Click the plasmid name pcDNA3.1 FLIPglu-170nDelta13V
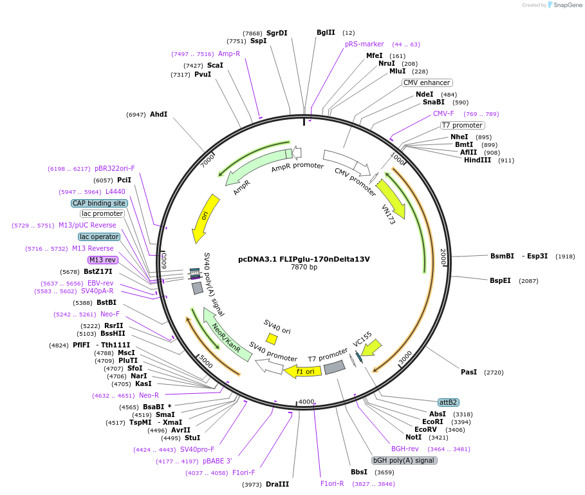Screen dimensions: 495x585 tap(304, 259)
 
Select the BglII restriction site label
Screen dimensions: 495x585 tap(326, 32)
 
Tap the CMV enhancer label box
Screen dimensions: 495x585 tap(427, 82)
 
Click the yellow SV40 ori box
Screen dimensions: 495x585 tap(272, 338)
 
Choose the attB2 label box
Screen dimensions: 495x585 tap(448, 402)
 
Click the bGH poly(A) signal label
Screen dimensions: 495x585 tap(404, 460)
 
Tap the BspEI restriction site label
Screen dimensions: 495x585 tap(500, 280)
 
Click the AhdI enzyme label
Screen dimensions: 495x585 tap(158, 114)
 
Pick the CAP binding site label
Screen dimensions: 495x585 tap(99, 203)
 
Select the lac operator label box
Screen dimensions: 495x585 tap(99, 237)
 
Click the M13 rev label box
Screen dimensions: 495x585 tap(102, 260)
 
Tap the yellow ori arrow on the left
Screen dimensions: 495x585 tap(206, 218)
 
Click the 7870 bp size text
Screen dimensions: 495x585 tap(304, 267)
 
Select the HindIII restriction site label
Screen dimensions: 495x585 tap(477, 160)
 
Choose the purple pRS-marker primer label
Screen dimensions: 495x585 tap(364, 44)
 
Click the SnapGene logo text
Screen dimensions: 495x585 tap(568, 5)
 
